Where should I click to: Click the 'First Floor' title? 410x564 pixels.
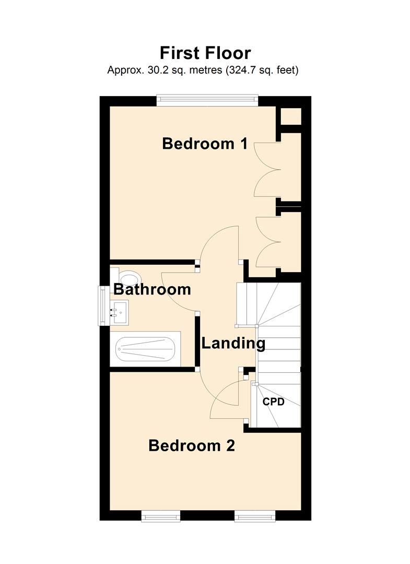click(205, 53)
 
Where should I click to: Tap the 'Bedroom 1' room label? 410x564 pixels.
click(205, 144)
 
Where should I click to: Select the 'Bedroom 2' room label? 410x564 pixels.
click(192, 445)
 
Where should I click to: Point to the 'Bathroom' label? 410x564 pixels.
click(152, 289)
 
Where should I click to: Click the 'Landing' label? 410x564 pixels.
click(233, 344)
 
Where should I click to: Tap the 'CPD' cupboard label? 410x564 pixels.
click(273, 402)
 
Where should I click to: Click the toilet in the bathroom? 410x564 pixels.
click(127, 278)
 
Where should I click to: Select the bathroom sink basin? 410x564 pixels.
click(119, 313)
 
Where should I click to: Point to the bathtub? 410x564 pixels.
click(145, 349)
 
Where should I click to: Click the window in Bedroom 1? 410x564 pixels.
click(207, 100)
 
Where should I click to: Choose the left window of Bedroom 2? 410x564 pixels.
click(160, 516)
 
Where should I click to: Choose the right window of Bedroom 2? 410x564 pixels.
click(255, 516)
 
